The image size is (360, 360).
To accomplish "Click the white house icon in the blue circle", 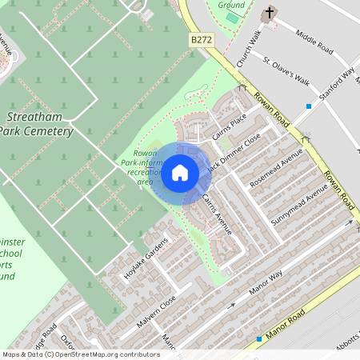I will tap(180, 173).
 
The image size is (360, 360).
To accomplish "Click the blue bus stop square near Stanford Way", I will tap(309, 106).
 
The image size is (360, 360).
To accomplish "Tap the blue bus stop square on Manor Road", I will tap(259, 339).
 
